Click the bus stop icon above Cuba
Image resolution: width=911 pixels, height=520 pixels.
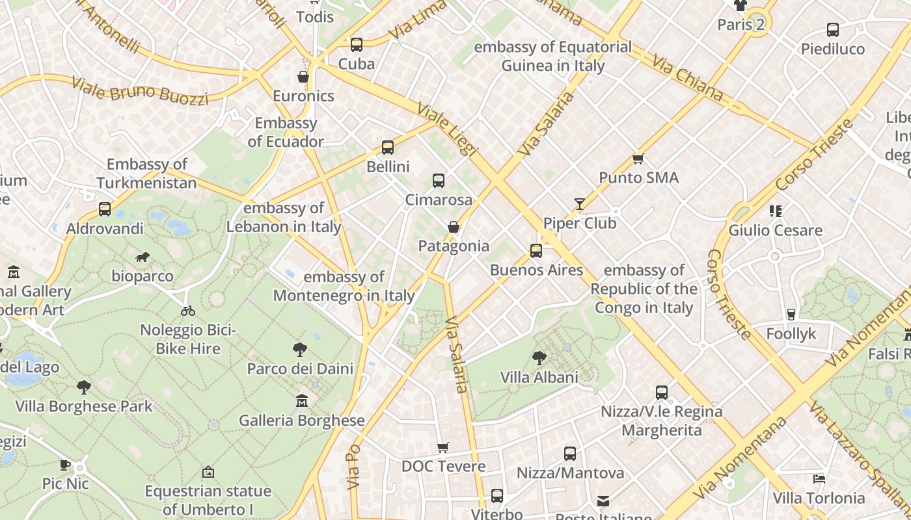click(356, 44)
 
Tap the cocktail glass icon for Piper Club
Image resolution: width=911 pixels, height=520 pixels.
click(579, 203)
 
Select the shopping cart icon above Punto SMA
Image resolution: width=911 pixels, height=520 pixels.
click(638, 159)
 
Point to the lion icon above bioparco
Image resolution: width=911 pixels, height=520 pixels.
click(142, 257)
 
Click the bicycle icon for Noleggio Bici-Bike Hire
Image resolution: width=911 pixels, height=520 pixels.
click(188, 311)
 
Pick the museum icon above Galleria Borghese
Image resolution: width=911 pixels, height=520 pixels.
click(301, 401)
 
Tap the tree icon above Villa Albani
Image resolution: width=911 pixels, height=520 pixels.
click(539, 357)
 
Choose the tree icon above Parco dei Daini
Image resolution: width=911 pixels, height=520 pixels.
click(300, 350)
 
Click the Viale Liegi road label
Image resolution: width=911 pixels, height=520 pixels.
click(447, 129)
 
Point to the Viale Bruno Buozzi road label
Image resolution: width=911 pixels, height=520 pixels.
click(140, 91)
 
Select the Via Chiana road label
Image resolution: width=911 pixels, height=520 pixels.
click(688, 79)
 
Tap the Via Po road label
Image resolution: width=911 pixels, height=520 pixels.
click(354, 466)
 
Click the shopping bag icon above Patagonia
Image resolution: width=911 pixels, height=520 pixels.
click(454, 227)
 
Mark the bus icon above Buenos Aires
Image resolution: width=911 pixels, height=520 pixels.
click(536, 251)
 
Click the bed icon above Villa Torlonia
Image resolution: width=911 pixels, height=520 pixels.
click(819, 479)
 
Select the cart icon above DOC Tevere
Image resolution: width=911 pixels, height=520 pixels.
click(443, 447)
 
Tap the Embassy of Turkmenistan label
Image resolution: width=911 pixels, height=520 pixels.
click(147, 174)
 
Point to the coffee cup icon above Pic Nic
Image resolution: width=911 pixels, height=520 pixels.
click(65, 464)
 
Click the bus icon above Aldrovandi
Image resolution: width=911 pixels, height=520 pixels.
click(104, 209)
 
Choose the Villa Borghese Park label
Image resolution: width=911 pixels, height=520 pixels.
click(84, 407)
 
